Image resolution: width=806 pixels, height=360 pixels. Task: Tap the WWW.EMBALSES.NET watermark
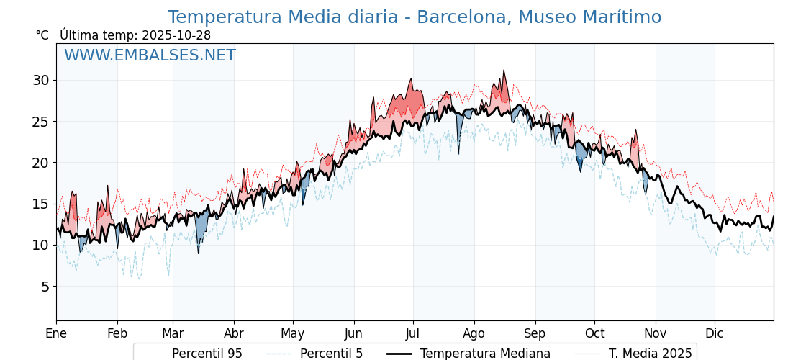[150, 55]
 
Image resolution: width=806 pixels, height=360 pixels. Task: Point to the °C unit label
[42, 35]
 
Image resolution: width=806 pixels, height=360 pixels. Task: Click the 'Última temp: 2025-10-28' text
[135, 35]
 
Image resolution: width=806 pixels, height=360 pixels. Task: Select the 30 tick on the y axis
[40, 80]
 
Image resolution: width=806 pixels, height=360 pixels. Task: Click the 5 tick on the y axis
[44, 287]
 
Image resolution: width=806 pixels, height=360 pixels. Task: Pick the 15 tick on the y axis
[40, 204]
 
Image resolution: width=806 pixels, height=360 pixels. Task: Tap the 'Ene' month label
[56, 333]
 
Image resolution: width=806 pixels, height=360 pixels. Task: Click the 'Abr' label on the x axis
[234, 333]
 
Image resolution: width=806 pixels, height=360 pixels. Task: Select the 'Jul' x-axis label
[413, 333]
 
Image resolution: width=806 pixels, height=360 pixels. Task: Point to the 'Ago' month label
[474, 333]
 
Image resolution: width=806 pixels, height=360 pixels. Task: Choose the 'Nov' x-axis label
[656, 333]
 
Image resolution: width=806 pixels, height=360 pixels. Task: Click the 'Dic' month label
[715, 333]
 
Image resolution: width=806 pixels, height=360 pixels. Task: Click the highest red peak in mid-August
[504, 71]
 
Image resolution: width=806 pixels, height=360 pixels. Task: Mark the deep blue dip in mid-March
[199, 252]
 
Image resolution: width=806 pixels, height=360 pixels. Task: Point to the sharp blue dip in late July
[458, 152]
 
